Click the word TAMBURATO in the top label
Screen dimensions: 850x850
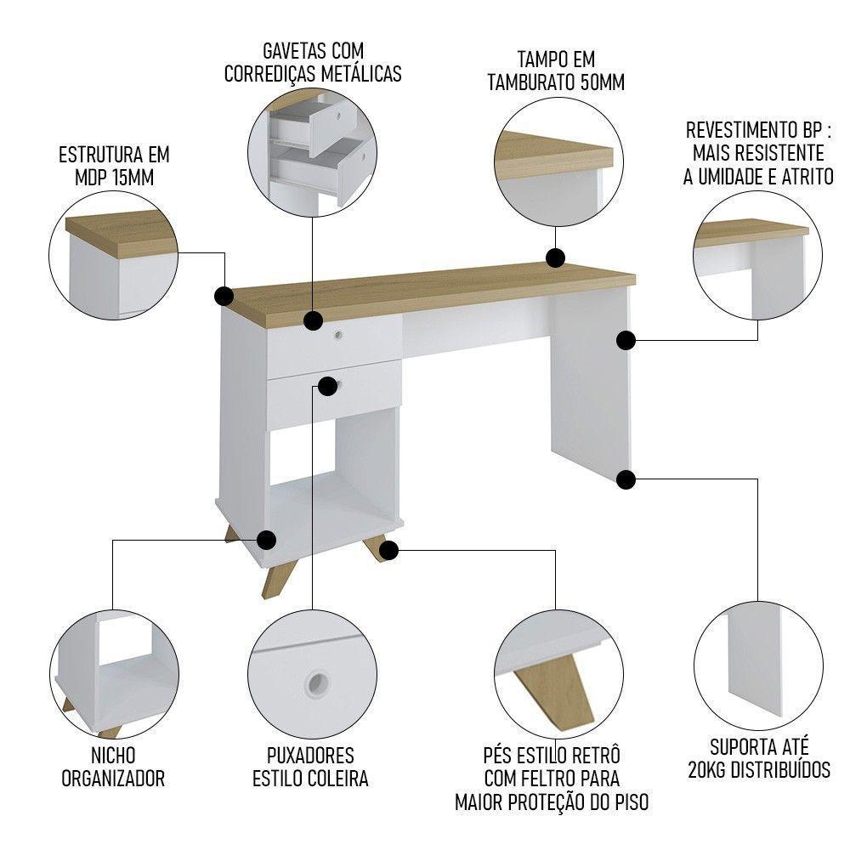pos(529,82)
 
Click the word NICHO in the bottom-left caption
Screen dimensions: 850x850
pos(112,756)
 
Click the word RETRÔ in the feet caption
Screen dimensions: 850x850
pos(593,756)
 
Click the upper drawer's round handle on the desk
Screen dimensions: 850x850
pos(339,335)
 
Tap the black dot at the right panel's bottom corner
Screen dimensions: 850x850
pos(626,479)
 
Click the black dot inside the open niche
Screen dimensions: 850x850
pos(267,540)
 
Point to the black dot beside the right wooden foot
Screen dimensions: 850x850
pos(388,550)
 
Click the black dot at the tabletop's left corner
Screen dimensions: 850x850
pos(224,296)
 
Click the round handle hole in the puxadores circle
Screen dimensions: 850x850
pos(317,682)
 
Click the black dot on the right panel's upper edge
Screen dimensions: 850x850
pos(626,341)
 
